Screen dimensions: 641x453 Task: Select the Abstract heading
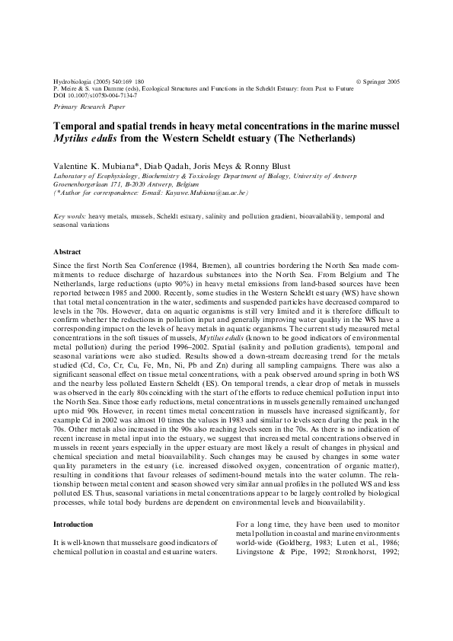click(x=67, y=251)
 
